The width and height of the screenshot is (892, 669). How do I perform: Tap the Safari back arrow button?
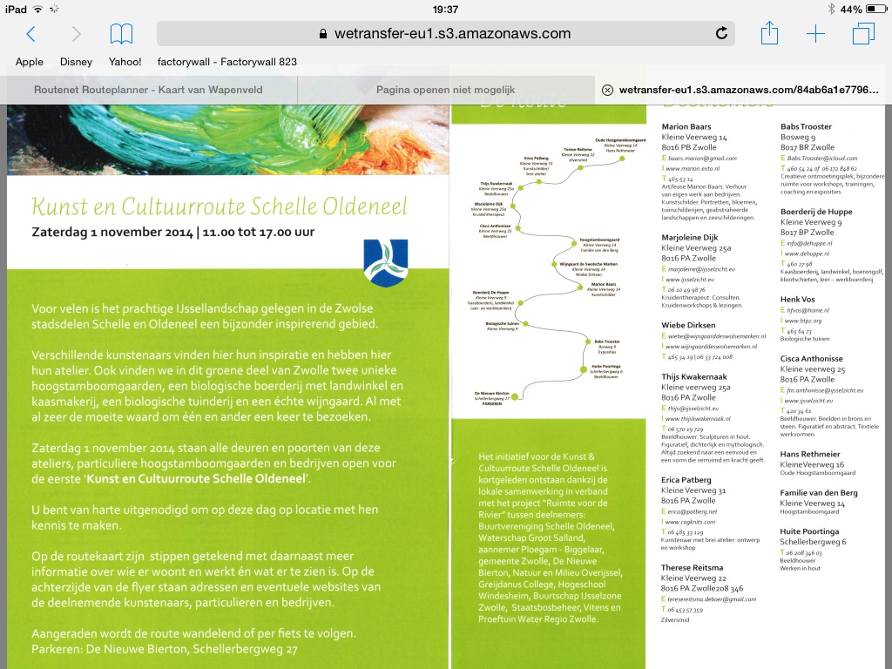(x=31, y=34)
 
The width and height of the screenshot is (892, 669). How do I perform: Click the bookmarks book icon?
(x=121, y=34)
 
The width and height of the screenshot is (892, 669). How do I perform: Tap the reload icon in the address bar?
(x=721, y=34)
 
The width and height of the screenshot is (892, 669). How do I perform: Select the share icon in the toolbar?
(x=769, y=34)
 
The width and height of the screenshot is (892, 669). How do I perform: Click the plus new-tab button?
(x=815, y=34)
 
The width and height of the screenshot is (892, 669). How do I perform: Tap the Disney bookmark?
(x=76, y=62)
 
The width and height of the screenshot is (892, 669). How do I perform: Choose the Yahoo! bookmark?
(x=125, y=62)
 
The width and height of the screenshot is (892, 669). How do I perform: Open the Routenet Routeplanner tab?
(x=148, y=90)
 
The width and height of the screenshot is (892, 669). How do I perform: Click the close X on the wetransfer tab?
(x=607, y=90)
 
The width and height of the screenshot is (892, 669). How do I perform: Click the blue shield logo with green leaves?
(x=385, y=262)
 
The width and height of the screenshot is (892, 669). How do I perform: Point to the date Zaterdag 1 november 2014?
(x=111, y=233)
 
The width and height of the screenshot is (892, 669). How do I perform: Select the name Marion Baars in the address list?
(x=686, y=127)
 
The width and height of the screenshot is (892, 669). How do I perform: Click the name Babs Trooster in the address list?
(x=806, y=127)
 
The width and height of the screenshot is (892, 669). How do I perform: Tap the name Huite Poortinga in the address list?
(x=809, y=530)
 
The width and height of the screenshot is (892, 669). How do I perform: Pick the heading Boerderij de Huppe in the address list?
(x=816, y=212)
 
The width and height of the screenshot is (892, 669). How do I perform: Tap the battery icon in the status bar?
(x=875, y=9)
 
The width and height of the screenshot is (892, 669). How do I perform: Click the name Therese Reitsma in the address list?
(x=693, y=568)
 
